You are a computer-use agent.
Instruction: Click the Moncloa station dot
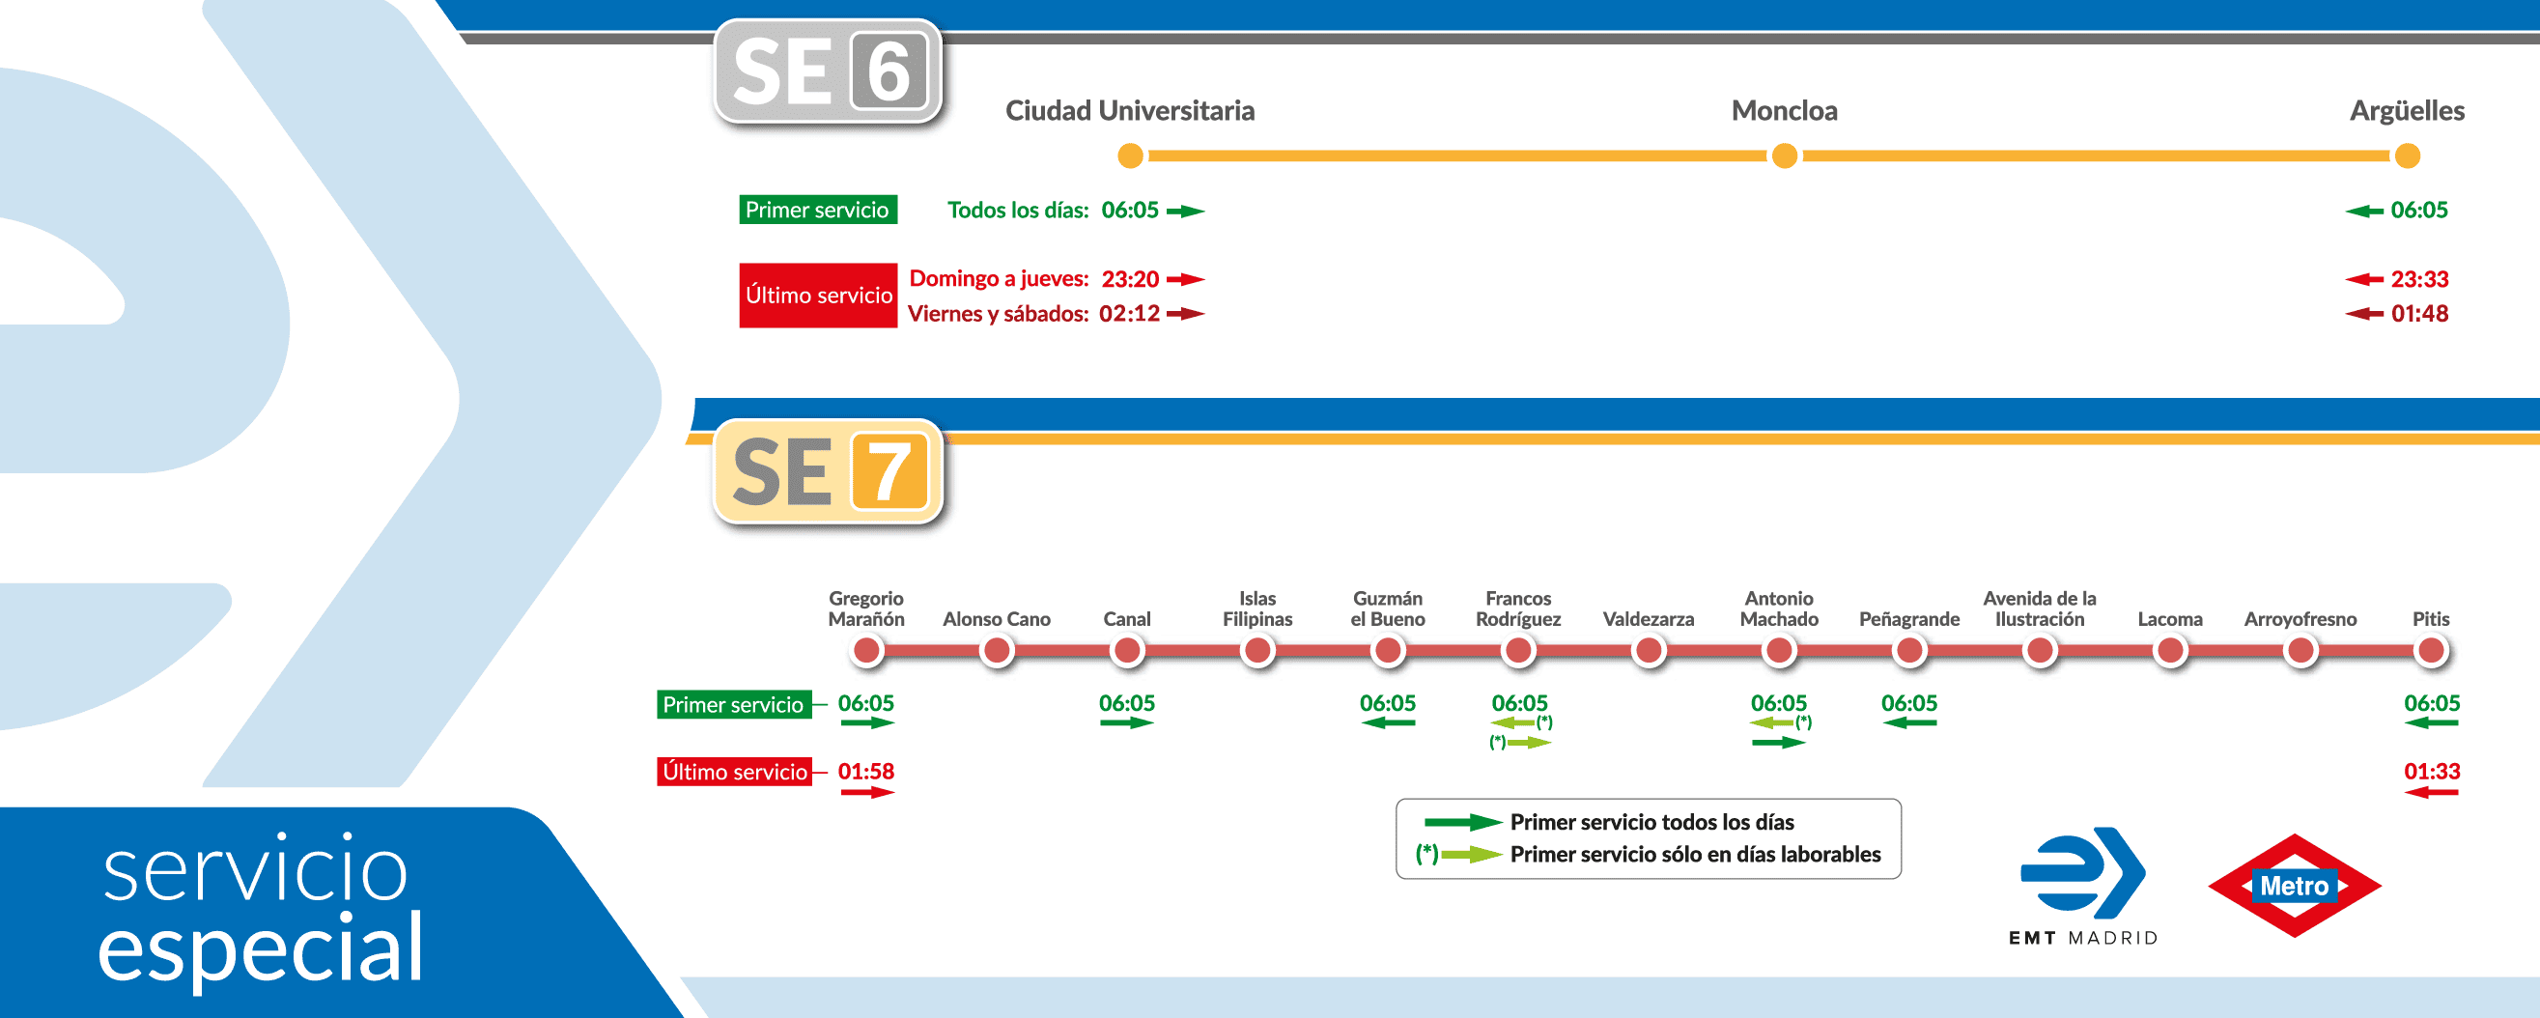1784,156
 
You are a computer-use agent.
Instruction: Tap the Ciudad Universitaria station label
1130,110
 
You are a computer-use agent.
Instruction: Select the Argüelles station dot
2407,156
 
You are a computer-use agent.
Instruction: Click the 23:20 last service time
1130,279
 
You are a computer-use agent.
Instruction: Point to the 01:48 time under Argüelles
2418,314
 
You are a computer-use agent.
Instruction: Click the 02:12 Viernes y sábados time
1129,314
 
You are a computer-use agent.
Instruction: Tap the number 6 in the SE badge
889,71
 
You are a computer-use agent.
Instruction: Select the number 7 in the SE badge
889,471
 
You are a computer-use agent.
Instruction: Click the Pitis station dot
2431,651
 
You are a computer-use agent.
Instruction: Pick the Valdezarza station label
1648,619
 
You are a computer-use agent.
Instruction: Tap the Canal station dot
1127,651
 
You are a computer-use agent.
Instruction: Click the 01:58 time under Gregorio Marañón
865,772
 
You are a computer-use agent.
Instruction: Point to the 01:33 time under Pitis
2432,772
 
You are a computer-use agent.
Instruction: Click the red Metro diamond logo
2295,886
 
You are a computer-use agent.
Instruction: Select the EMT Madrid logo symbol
2082,872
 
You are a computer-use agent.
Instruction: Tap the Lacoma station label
2169,619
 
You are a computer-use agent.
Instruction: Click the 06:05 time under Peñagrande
1909,703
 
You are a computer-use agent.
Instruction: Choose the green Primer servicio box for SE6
817,210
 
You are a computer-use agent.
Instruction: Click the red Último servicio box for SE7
735,772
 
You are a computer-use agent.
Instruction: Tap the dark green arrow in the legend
1462,822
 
